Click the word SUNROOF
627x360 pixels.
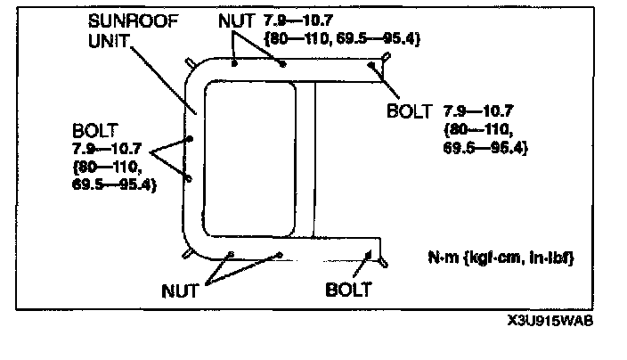[125, 19]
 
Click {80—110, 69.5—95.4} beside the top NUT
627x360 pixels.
[342, 39]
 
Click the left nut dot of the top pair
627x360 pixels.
[233, 64]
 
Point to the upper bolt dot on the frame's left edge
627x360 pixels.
[191, 139]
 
